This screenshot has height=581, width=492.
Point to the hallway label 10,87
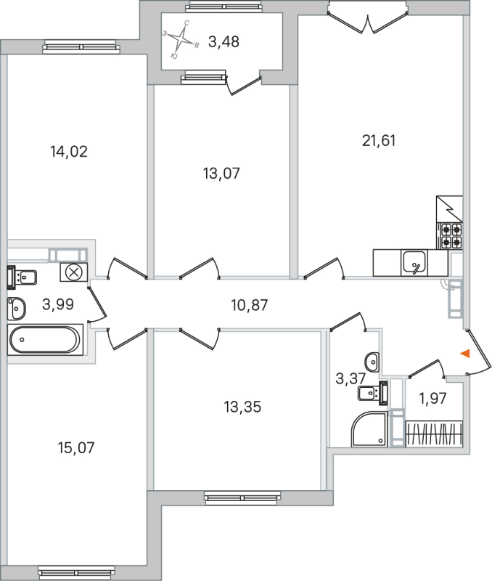[249, 306]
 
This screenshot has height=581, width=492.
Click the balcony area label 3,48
[224, 42]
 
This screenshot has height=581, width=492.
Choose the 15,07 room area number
[76, 447]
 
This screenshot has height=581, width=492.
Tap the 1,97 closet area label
[433, 397]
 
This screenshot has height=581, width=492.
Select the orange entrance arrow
[466, 354]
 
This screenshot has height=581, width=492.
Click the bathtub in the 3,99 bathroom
[45, 340]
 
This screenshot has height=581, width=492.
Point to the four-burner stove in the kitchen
[451, 235]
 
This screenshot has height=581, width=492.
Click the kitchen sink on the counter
[414, 261]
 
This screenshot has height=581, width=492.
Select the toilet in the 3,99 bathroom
[21, 277]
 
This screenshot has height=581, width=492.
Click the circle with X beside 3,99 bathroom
[73, 272]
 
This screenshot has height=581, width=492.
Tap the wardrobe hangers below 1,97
[433, 434]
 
